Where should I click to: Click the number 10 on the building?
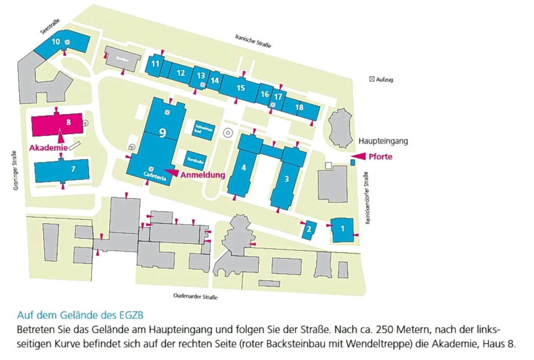pos(56,42)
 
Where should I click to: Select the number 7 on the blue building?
pos(73,169)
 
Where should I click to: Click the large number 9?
pos(162,133)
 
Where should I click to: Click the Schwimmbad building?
pos(204,129)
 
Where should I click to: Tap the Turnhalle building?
pos(195,161)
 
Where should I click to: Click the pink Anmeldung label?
pos(202,175)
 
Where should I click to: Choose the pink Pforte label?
pos(380,156)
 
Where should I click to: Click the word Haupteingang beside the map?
pos(383,141)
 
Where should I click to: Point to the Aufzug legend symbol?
pos(372,79)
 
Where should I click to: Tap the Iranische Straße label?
pos(253,41)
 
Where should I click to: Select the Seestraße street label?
pos(50,27)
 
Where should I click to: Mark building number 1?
pos(343,229)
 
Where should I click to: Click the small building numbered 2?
pos(309,230)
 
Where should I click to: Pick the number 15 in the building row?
pos(241,88)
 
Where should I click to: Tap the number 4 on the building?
pos(244,168)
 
